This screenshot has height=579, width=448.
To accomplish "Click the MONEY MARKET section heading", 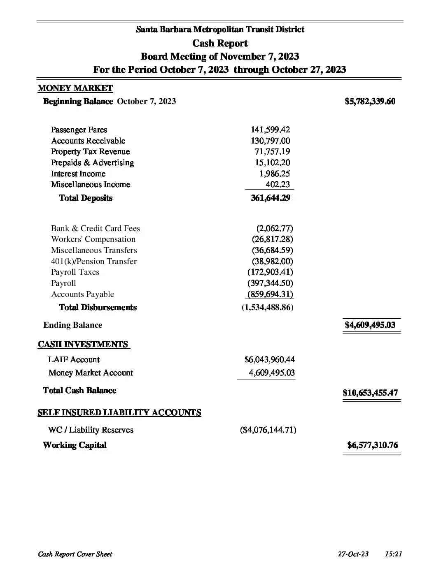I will pos(75,88).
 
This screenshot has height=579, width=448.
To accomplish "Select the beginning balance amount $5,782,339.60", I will pos(370,101).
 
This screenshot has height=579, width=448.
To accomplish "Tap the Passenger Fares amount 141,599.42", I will pos(270,130).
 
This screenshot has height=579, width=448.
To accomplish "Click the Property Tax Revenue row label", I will pos(90,152).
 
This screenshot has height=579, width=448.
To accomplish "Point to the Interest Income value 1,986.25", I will pos(274,174).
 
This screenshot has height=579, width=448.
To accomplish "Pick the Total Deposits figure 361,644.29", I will pos(270,198).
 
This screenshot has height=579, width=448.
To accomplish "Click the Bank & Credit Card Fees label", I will pos(95,228).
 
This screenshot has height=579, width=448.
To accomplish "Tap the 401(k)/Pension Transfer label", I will pos(93,261).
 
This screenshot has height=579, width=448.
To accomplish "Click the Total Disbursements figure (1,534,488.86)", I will pos(267,307).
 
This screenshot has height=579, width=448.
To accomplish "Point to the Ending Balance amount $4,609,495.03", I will pos(370,325).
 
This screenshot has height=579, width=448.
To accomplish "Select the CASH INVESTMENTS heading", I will pos(83,344).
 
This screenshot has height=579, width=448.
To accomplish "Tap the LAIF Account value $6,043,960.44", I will pos(269,359).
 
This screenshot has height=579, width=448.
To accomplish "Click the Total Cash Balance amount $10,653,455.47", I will pos(370,392).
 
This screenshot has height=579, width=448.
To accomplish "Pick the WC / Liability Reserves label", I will pos(91,430).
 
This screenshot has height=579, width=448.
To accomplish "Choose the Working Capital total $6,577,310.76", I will pos(372,445).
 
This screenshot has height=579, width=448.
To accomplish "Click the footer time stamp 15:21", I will pos(393,554).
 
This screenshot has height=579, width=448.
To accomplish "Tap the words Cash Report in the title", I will pos(220,43).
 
